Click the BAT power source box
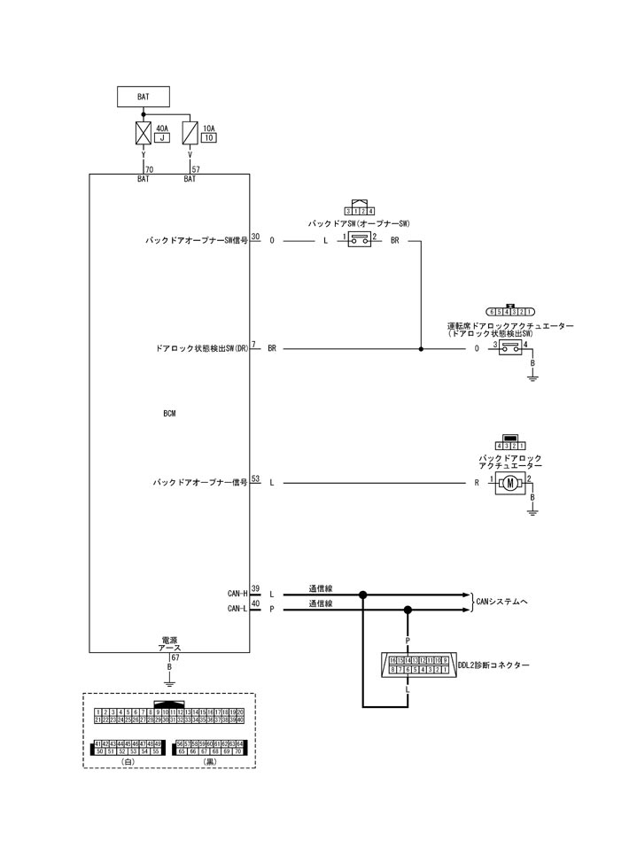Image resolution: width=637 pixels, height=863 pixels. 143,97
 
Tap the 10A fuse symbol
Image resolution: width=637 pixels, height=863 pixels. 190,134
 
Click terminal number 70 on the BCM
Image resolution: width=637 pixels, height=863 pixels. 149,168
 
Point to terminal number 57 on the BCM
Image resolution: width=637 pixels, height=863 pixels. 196,168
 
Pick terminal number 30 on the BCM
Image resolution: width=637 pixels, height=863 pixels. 255,237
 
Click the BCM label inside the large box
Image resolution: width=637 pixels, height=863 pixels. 169,414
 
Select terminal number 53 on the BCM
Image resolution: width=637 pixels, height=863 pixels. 255,478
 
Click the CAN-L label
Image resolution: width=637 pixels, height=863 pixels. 237,608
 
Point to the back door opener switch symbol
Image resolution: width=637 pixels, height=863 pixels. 359,240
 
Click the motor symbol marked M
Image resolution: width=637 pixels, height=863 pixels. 510,484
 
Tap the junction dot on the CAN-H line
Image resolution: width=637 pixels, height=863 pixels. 362,595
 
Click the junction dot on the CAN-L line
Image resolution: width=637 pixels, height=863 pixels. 408,610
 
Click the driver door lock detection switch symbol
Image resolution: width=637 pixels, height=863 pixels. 510,349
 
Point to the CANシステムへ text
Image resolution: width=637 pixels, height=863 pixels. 502,602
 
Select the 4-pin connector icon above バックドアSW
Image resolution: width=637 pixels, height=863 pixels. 359,208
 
